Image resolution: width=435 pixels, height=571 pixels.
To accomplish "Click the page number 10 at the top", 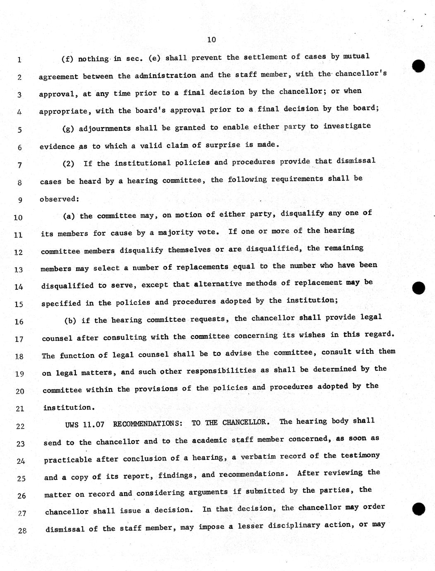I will [211, 40].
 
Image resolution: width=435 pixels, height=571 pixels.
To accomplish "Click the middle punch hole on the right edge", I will [419, 288].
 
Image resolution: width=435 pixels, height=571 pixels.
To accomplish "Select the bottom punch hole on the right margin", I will [419, 509].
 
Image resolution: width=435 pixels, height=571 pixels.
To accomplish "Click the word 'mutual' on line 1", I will [356, 56].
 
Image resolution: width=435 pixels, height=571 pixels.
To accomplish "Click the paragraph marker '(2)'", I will [68, 163].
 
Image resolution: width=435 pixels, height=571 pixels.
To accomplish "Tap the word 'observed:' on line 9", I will [59, 199].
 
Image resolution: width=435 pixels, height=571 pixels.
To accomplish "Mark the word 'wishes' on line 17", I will [312, 335].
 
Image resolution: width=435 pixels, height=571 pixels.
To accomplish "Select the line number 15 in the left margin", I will [19, 304].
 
